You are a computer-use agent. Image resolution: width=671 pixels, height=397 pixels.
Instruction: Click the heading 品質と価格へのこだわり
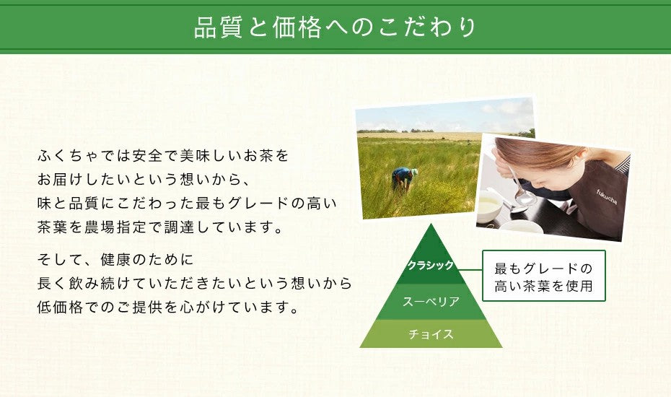click(x=335, y=27)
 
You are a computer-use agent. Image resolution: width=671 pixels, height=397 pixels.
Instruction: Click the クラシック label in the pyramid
click(x=430, y=266)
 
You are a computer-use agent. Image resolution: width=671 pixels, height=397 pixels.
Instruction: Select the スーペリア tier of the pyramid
click(x=431, y=301)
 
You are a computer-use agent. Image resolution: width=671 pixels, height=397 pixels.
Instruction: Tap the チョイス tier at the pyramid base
click(x=431, y=333)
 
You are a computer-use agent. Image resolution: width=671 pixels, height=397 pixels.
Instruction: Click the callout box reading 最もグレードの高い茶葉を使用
click(x=543, y=276)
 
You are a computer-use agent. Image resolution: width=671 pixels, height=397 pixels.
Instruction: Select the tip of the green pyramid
click(x=431, y=229)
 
